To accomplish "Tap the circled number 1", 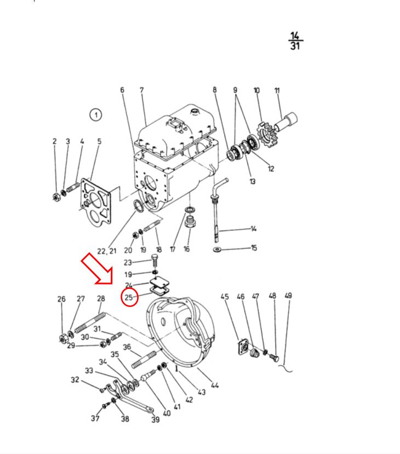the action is (96, 115).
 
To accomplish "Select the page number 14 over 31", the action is (295, 41).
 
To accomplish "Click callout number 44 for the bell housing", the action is (215, 385).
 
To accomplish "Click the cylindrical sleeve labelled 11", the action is (285, 122).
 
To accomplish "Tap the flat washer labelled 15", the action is (217, 249).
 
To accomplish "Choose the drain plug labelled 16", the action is (190, 223).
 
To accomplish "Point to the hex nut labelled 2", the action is (56, 197).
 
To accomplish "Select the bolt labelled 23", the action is (155, 262).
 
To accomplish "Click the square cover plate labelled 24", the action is (159, 282).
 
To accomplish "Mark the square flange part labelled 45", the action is (244, 347).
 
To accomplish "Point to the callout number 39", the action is (156, 419).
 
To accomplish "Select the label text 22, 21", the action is (107, 251).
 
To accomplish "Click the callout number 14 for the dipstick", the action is (254, 229).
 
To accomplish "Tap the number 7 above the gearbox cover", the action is (142, 90).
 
